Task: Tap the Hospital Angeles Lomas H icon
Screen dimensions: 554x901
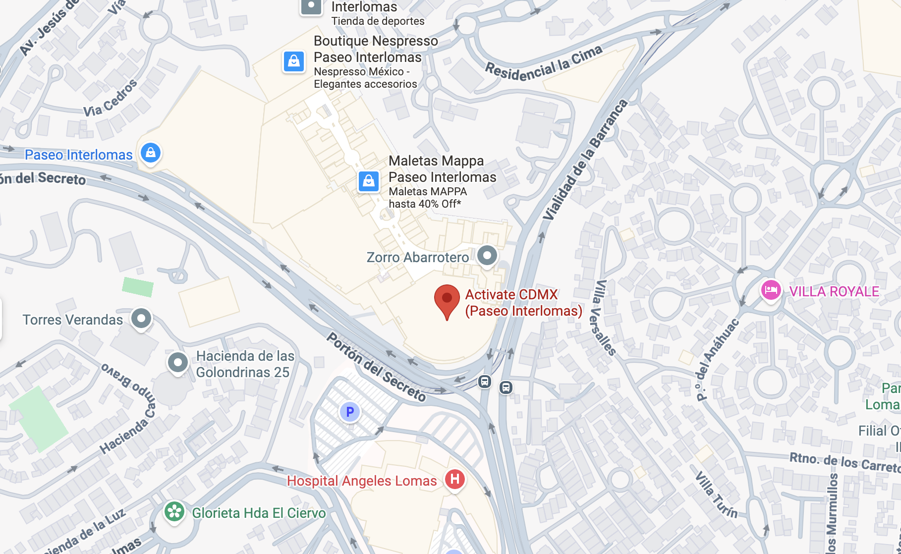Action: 454,479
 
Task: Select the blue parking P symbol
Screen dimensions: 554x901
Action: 350,412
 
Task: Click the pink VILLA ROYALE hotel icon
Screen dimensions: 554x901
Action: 771,290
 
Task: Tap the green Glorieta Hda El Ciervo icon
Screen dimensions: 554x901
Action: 174,512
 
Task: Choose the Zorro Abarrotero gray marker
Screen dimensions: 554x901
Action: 487,256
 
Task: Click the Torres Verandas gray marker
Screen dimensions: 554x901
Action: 141,318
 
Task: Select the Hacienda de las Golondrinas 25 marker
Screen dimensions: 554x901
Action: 178,363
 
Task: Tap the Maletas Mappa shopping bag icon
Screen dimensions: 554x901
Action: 369,181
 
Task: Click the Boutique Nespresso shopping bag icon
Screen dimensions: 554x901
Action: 294,62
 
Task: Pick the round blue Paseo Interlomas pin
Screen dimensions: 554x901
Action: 151,153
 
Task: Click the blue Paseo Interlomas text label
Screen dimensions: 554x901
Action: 79,155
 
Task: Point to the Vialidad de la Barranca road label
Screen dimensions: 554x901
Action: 585,160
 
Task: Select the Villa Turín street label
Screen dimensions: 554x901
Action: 716,494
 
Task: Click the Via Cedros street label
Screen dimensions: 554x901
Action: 111,99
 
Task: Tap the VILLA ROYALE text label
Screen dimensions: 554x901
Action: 834,291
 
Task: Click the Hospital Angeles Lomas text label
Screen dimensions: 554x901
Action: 362,481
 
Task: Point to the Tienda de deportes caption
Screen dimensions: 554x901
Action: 378,21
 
